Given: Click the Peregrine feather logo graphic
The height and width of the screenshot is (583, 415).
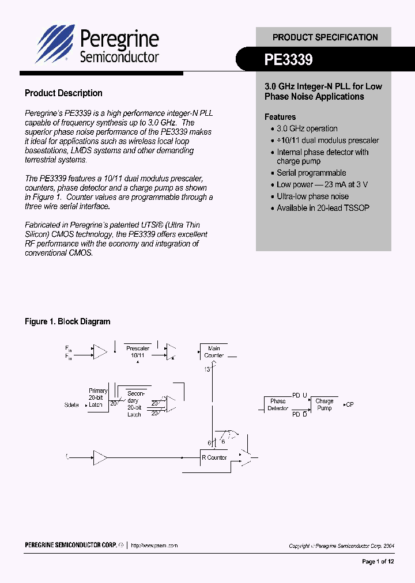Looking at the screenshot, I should pos(55,43).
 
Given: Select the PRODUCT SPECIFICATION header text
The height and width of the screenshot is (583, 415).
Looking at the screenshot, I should pos(325,37).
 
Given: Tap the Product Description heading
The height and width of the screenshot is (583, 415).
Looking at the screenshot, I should pos(63,93).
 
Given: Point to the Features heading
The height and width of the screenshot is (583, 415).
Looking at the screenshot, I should pos(280,117).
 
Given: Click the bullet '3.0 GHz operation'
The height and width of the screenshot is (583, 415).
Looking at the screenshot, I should pos(307,128).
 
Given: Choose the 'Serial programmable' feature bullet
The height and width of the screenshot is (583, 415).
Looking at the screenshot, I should pos(311,173).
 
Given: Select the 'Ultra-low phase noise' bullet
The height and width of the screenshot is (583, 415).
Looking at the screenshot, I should pos(312,196).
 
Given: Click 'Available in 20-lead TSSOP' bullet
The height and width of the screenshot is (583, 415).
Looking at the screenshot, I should pos(323,208).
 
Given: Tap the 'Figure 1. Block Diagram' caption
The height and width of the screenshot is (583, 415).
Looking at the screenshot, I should pos(67,321).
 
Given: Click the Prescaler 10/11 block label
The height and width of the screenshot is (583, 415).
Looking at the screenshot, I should pos(138,352).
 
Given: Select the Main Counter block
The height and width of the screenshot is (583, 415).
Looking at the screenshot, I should pos(214,352).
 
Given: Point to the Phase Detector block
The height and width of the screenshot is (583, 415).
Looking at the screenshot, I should pos(278,404).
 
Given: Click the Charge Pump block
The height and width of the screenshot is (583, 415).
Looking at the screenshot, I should pos(325,404).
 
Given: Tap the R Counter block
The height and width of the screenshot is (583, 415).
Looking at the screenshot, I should pos(214,457).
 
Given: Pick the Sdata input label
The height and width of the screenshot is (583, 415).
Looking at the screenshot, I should pos(71,405).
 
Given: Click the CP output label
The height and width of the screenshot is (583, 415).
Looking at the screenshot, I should pos(349,404).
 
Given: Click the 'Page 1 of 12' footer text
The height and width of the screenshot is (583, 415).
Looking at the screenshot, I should pos(378,561).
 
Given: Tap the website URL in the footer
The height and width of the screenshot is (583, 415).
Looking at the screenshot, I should pos(154,545).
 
